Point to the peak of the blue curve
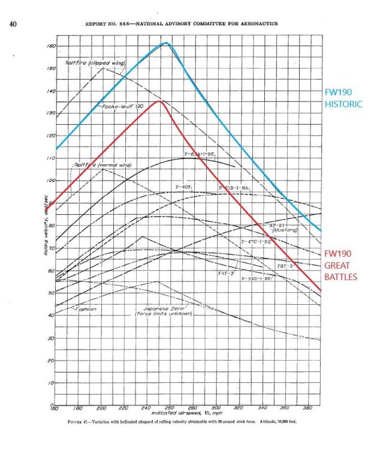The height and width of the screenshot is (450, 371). click(x=166, y=43)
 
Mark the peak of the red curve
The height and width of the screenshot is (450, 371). click(x=159, y=101)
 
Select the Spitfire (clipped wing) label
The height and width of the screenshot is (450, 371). click(x=94, y=62)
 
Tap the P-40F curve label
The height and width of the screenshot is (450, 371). click(x=183, y=188)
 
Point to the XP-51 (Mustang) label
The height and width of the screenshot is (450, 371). click(x=280, y=227)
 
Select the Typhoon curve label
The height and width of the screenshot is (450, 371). click(x=85, y=308)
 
